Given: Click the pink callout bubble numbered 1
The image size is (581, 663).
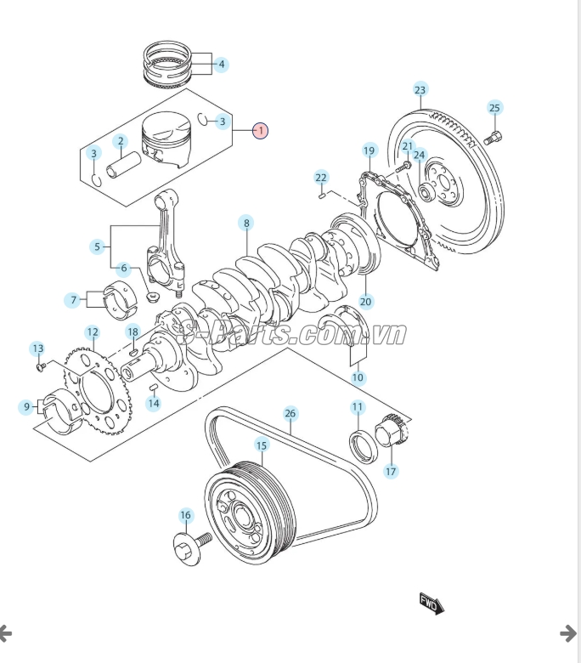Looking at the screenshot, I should click(x=260, y=131).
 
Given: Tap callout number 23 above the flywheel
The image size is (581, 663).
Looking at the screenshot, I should click(x=420, y=90).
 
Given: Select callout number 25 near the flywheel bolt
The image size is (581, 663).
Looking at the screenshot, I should click(x=495, y=107).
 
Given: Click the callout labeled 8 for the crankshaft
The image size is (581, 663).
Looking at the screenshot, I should click(x=246, y=224).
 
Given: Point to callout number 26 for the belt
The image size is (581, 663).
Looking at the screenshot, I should click(x=290, y=414).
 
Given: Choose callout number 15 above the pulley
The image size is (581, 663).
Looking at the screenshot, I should click(x=261, y=445).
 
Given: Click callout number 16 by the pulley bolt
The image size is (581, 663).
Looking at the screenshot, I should click(x=186, y=515).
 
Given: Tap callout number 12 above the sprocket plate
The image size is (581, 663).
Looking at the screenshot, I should click(x=92, y=331).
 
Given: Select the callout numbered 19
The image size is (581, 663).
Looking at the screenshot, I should click(x=369, y=150).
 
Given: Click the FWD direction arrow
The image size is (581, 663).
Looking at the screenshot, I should click(x=432, y=604).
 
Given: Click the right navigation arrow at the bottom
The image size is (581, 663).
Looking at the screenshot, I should click(x=567, y=632).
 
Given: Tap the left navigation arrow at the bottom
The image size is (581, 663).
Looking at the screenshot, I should click(x=5, y=632).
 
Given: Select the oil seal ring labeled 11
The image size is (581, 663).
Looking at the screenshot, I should click(x=360, y=445).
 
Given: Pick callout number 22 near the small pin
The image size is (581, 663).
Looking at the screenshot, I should click(x=321, y=178).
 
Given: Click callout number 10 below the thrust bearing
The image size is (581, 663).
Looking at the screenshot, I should click(x=358, y=377).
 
